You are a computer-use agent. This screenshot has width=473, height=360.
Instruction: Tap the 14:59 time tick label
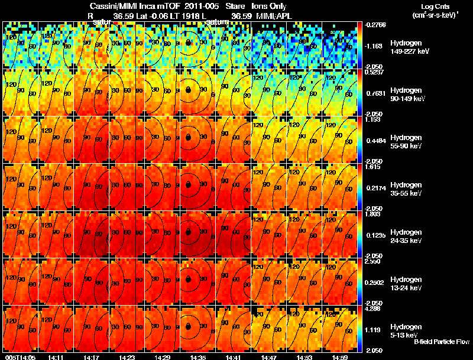click(x=340, y=357)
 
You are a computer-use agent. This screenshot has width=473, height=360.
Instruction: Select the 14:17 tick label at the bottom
click(x=92, y=357)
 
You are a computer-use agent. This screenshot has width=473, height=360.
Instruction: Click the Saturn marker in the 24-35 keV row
click(x=188, y=232)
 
